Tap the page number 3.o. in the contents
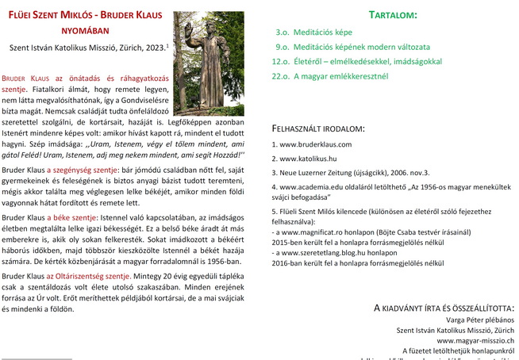(x=282, y=33)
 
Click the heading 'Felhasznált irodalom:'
(x=318, y=127)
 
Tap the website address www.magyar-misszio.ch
(x=475, y=339)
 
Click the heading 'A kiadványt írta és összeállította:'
(x=444, y=306)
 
